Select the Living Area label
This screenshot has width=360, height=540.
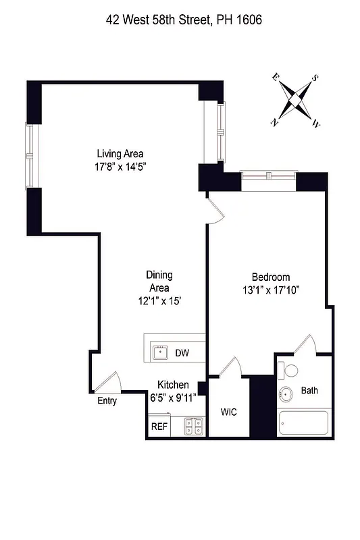120,153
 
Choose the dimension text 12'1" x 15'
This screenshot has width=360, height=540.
159,302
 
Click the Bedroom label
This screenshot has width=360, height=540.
271,277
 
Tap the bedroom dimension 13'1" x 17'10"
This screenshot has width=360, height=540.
271,290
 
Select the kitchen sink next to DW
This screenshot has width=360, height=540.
160,352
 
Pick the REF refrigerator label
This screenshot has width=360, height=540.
159,427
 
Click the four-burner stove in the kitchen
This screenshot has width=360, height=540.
195,426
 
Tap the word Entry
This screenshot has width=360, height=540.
107,401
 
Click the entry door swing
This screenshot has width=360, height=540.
108,383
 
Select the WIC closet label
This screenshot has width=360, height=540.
228,412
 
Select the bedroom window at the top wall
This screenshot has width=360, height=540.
268,177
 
